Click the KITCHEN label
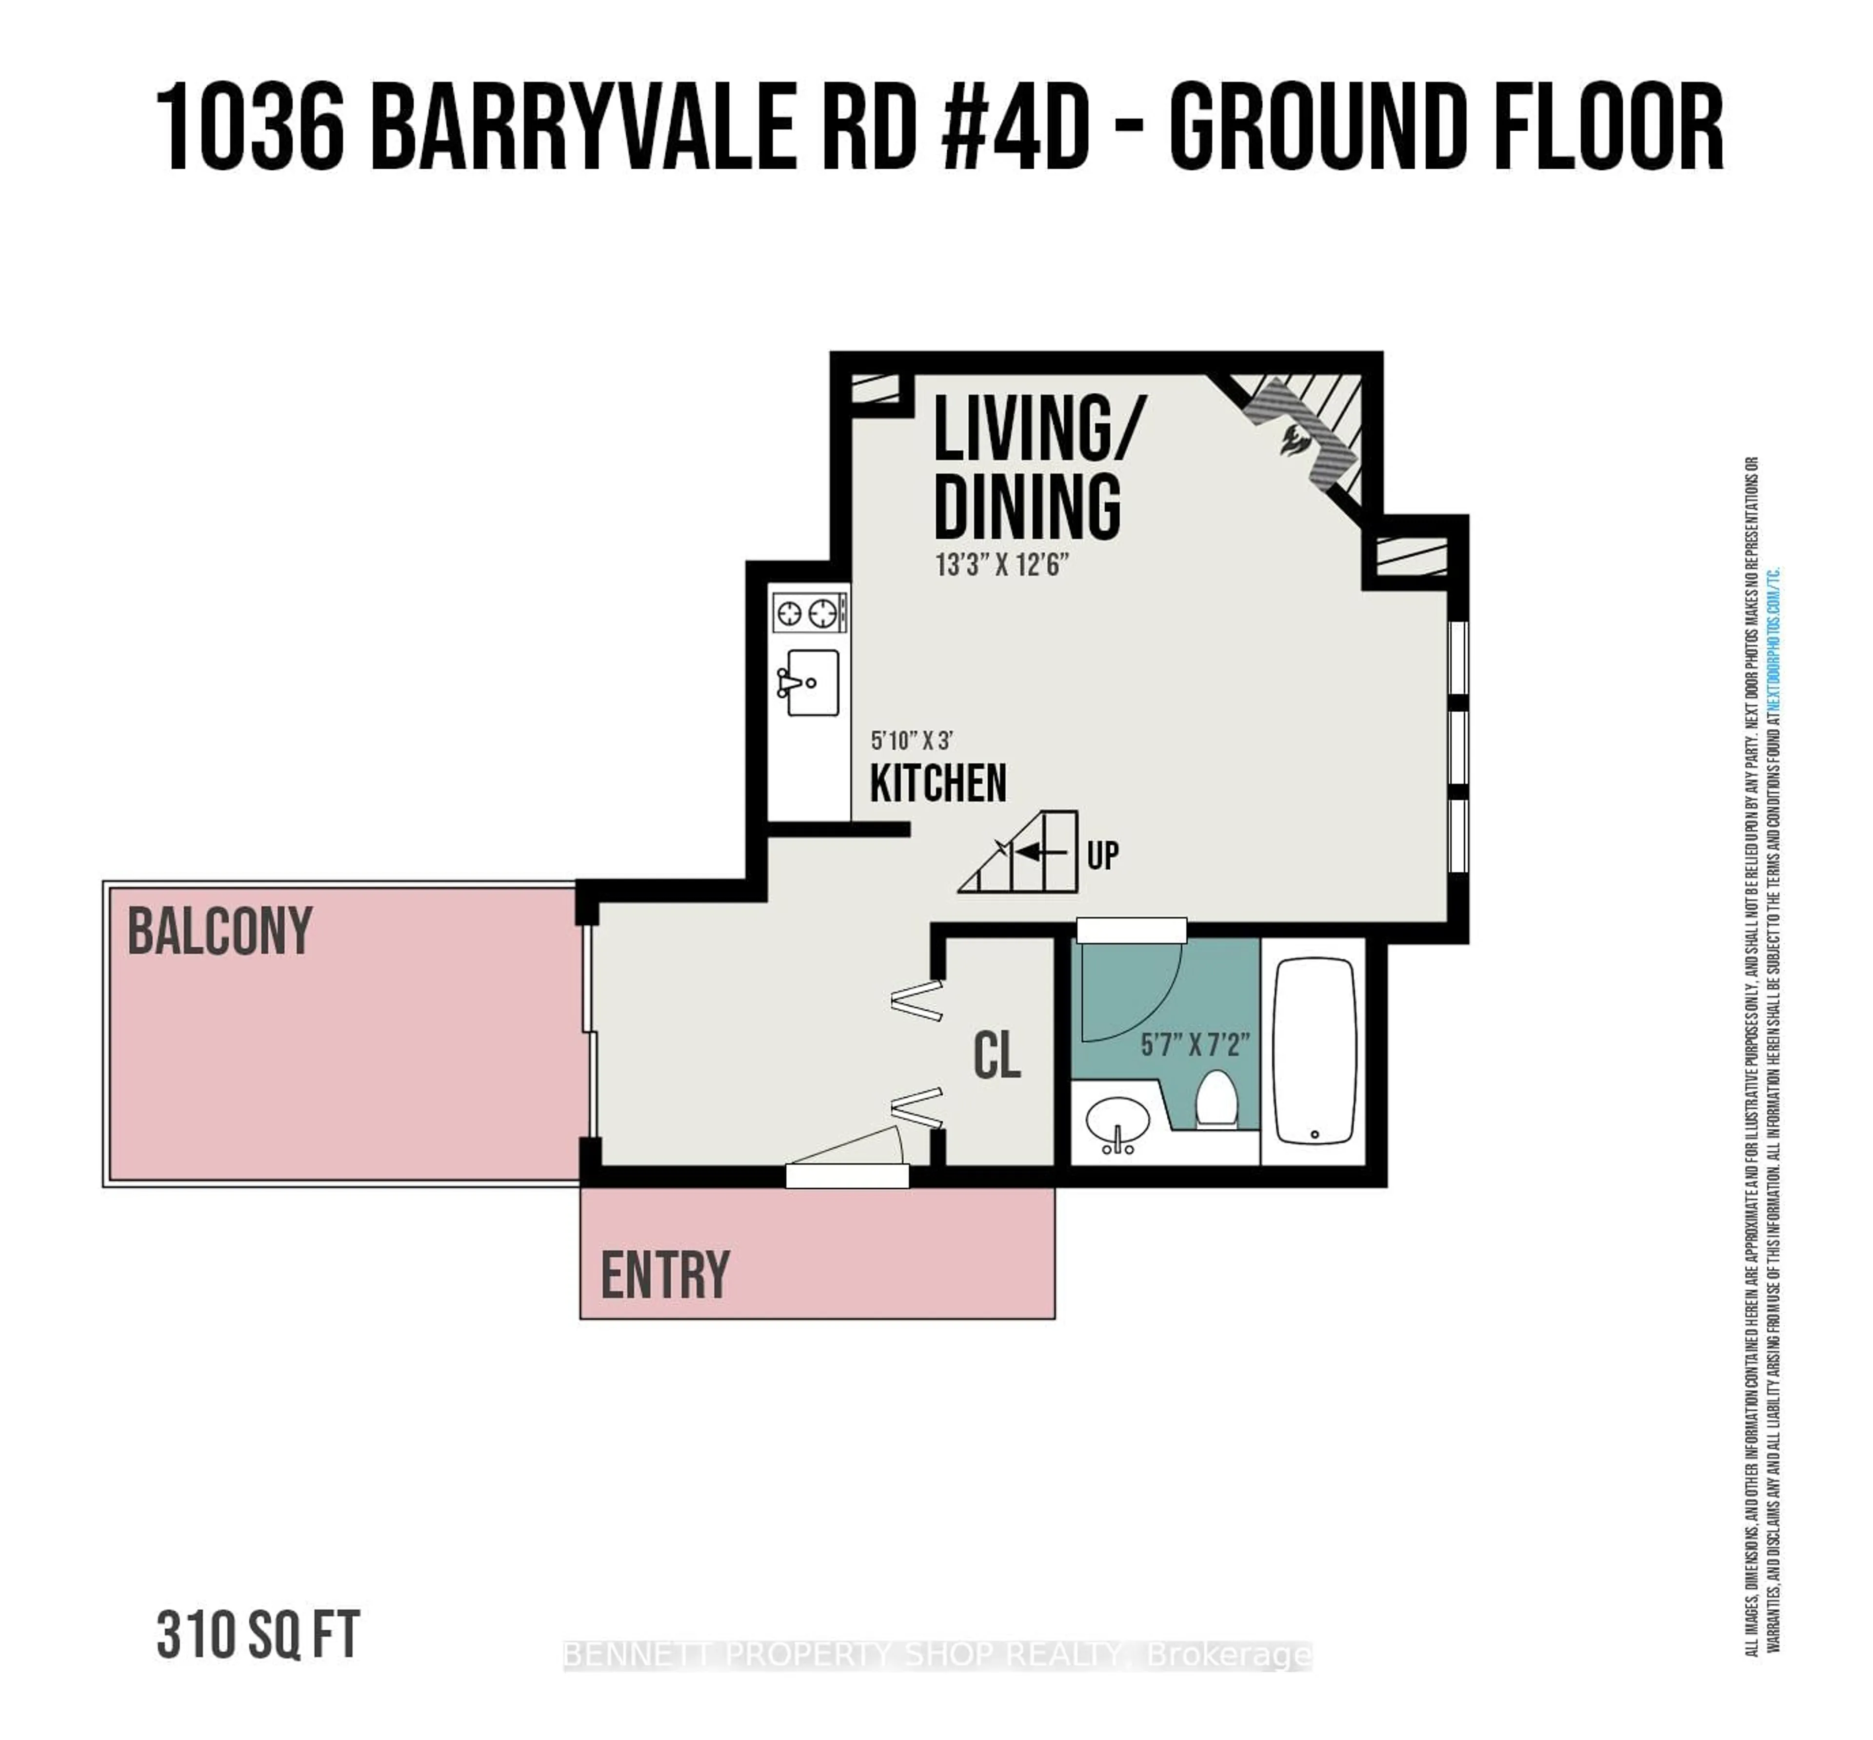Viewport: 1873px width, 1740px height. (938, 783)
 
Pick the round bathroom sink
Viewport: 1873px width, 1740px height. (1118, 1122)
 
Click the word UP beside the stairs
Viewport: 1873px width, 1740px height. (1103, 855)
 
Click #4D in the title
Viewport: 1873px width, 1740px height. (1015, 127)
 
